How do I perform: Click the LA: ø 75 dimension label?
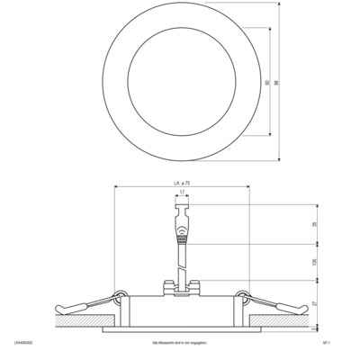tap(181, 184)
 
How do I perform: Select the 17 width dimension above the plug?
tap(183, 193)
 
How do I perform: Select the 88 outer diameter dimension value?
tap(277, 82)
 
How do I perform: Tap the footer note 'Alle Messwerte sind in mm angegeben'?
tap(180, 343)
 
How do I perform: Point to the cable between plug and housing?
tap(183, 261)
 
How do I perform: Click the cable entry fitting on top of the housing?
tap(181, 287)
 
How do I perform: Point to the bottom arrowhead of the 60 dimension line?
tap(269, 135)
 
